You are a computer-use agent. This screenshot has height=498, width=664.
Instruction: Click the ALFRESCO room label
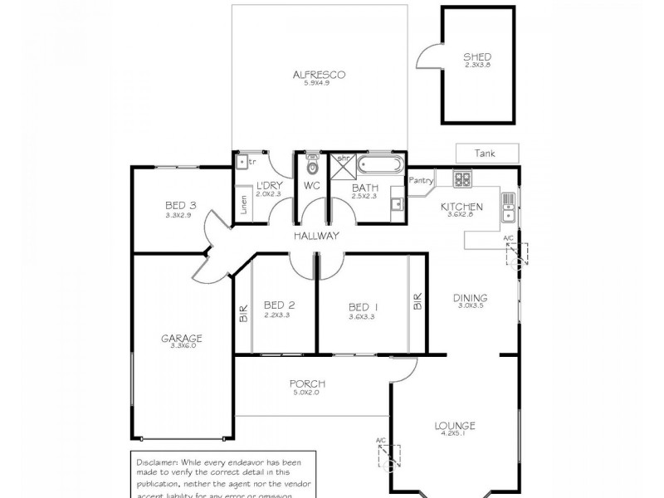tap(319, 74)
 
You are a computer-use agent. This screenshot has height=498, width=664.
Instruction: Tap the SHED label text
tap(477, 56)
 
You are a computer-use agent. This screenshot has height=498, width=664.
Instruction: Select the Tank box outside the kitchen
tap(486, 154)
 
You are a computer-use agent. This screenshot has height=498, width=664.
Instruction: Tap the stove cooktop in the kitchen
tap(461, 178)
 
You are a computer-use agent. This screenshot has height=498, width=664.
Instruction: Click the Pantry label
tap(422, 179)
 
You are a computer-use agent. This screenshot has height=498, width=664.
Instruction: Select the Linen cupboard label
tap(244, 205)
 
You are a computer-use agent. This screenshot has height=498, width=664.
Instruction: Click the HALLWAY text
tap(316, 236)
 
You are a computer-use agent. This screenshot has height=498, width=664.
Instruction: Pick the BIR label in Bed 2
tap(243, 314)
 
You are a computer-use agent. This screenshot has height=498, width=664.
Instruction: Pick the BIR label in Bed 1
tap(417, 301)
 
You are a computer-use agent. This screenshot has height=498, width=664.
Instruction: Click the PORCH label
tap(306, 383)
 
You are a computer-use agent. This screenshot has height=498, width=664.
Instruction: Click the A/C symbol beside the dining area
tap(515, 254)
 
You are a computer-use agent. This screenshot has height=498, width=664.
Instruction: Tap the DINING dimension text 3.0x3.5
tap(470, 306)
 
